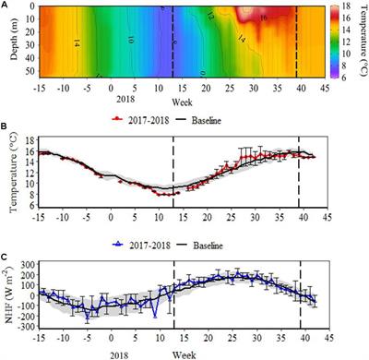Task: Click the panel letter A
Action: [x=6, y=6]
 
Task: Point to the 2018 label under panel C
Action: [x=108, y=349]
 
